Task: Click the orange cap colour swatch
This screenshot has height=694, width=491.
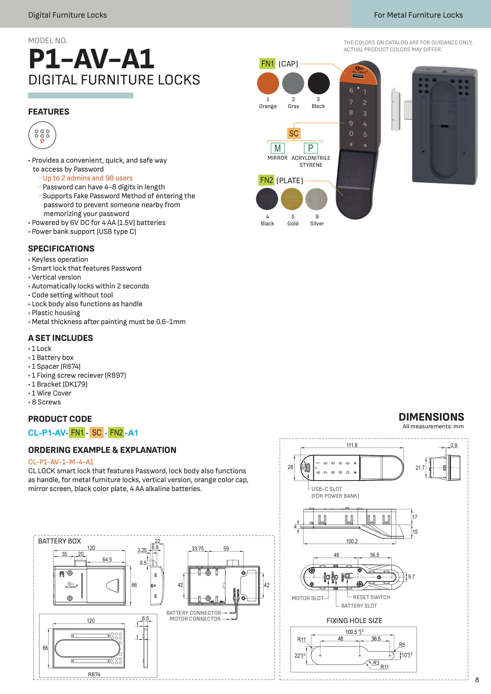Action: tap(267, 83)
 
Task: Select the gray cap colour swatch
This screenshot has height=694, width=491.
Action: tap(293, 83)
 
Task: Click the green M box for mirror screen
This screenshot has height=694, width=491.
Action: tap(278, 148)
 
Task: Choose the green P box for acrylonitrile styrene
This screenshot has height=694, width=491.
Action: tap(311, 148)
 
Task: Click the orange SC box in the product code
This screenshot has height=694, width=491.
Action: tap(96, 432)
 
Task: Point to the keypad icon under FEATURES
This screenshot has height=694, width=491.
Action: tap(42, 135)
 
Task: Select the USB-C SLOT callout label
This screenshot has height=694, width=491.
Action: tap(326, 489)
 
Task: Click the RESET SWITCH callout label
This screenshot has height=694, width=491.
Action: tap(372, 597)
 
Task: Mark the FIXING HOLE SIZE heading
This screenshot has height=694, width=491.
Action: tap(354, 620)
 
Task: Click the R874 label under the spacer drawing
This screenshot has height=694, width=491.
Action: tap(94, 674)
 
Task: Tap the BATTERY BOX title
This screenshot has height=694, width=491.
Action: tap(60, 541)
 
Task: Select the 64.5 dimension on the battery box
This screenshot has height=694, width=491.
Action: tap(107, 560)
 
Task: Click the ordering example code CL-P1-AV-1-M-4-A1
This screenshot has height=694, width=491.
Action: tap(61, 461)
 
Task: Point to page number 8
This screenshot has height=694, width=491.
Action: tap(477, 680)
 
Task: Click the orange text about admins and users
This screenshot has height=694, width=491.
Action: tap(87, 178)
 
